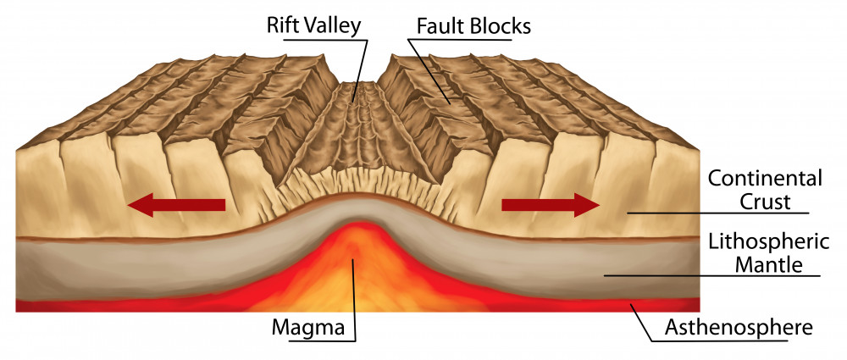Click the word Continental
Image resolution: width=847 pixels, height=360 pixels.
pos(764,179)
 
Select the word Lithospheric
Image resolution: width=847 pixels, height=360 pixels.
pos(764,242)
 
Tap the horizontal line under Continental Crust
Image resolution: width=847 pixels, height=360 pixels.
pos(720,213)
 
